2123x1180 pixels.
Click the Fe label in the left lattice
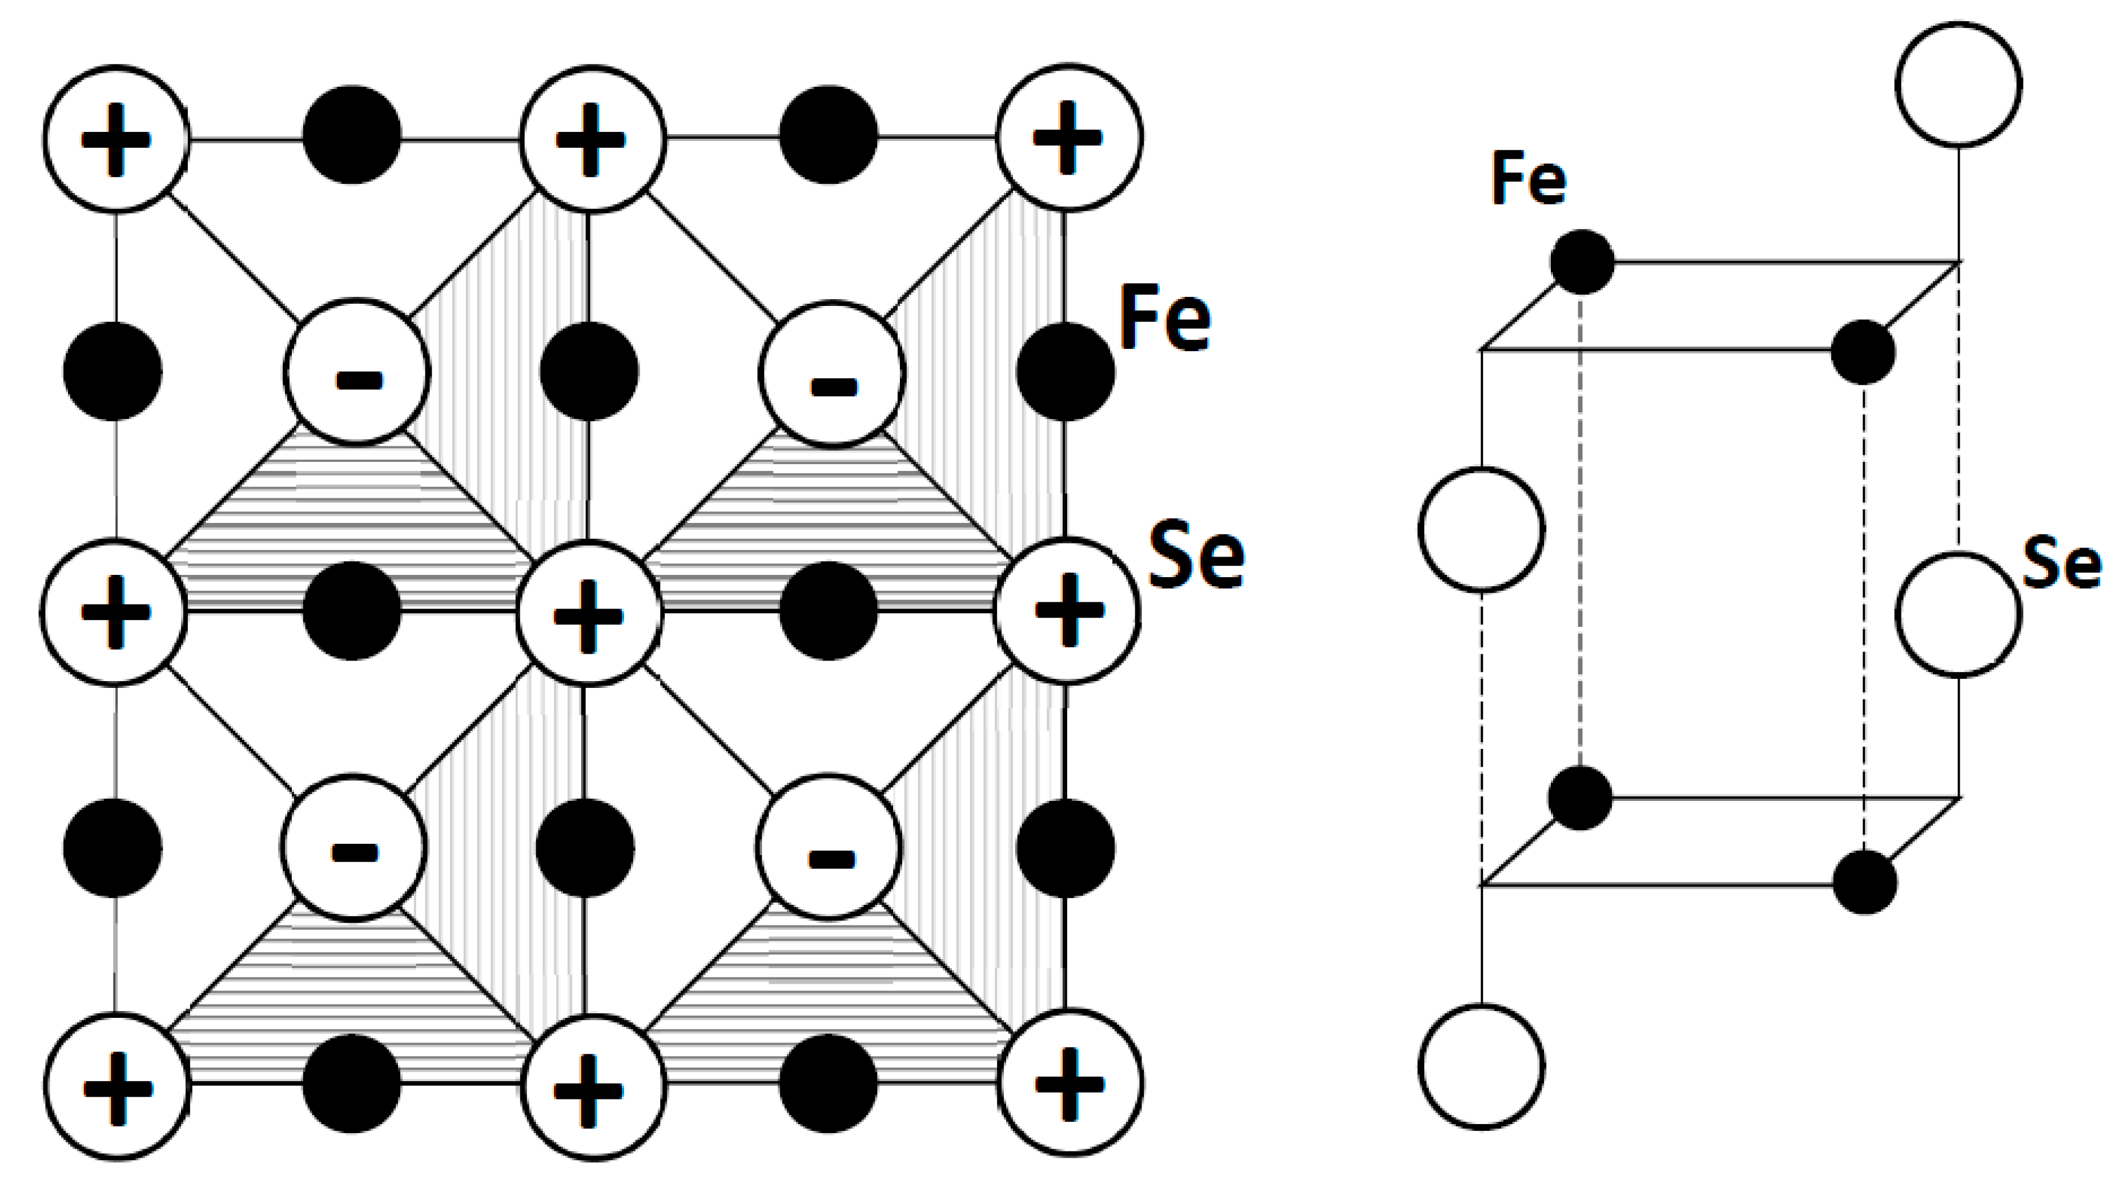point(1164,319)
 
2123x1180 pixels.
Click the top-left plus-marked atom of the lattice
point(116,138)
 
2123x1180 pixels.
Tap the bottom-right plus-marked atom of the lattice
point(1069,1083)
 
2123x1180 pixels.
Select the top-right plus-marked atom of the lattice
point(1069,137)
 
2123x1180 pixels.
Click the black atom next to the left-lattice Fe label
point(1065,372)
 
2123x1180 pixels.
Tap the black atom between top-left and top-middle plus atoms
point(352,134)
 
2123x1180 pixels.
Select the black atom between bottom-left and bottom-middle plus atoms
point(352,1083)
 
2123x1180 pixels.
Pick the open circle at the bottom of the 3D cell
point(1482,1065)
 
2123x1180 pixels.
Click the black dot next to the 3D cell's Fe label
point(1582,262)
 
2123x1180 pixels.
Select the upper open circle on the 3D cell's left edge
point(1482,529)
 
